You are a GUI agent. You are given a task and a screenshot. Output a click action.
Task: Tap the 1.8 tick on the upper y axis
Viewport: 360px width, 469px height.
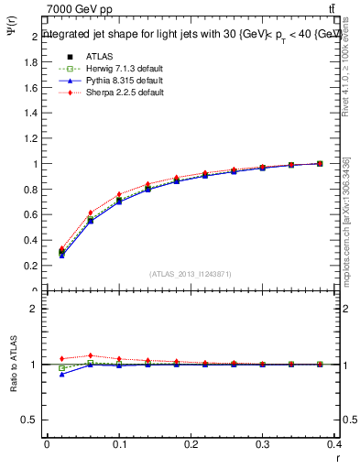[33, 62]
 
